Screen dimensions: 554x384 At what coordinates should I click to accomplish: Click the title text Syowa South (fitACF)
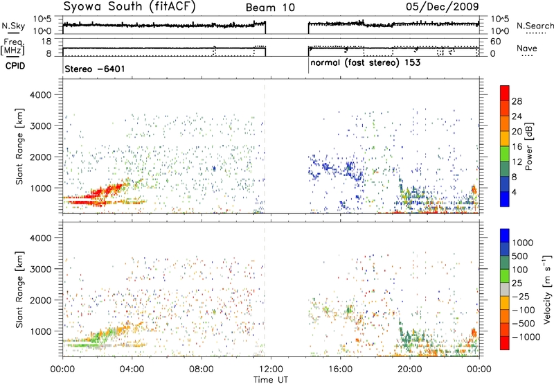(129, 6)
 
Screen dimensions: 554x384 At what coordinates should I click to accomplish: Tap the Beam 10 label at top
(270, 8)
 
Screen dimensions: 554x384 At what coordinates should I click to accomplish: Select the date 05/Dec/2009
(443, 6)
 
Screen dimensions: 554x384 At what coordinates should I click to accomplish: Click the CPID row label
(15, 66)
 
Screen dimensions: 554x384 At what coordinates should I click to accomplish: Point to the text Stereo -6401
(95, 69)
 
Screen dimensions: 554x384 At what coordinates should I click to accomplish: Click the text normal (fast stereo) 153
(366, 63)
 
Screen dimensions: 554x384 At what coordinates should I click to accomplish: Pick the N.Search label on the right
(535, 26)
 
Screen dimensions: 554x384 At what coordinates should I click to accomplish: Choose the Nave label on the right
(527, 48)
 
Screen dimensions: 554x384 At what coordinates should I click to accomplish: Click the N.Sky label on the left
(13, 26)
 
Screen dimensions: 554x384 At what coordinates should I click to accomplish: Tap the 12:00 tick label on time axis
(271, 369)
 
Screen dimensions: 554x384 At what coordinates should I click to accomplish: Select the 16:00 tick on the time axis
(340, 369)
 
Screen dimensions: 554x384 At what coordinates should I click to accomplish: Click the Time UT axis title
(271, 380)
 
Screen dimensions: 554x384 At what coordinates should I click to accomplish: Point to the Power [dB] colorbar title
(528, 146)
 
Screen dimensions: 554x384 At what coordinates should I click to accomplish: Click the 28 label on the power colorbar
(517, 101)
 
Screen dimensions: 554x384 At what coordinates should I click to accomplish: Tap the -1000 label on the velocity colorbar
(526, 337)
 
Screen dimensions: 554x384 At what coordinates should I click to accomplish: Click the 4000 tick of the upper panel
(41, 95)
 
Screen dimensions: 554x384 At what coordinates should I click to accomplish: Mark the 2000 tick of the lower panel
(41, 300)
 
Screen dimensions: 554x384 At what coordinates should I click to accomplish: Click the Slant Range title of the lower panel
(19, 290)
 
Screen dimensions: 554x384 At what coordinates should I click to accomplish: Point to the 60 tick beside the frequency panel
(495, 42)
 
